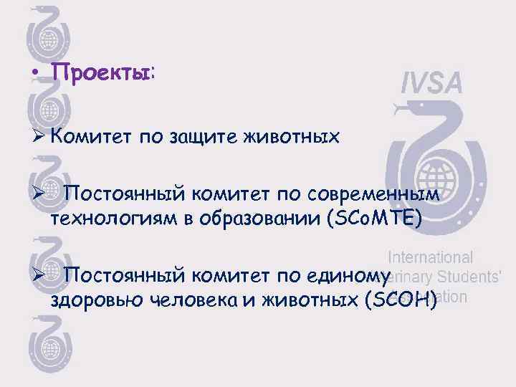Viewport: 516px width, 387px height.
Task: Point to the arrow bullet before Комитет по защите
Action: click(x=39, y=135)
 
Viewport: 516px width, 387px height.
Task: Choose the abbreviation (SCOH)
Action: click(x=401, y=300)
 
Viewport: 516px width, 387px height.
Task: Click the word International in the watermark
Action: click(x=430, y=257)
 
